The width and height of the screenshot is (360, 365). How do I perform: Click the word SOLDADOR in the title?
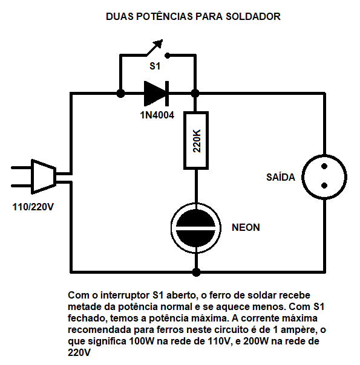click(254, 16)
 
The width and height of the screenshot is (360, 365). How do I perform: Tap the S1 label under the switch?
click(155, 66)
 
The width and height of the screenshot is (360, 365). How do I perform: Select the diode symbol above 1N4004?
click(156, 94)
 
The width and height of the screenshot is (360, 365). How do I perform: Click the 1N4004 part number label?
click(157, 115)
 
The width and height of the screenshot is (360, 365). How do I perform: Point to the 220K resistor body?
click(196, 140)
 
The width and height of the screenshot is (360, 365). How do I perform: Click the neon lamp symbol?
click(196, 228)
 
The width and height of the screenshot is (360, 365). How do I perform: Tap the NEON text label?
click(246, 227)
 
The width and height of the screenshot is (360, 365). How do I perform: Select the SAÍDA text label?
click(281, 177)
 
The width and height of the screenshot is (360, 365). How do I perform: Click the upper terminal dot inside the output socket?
click(324, 166)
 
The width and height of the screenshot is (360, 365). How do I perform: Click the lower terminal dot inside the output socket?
click(324, 186)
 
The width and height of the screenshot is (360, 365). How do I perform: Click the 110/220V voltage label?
click(33, 207)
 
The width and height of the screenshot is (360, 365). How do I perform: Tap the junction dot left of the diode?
click(120, 94)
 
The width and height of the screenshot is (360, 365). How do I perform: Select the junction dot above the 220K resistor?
click(195, 94)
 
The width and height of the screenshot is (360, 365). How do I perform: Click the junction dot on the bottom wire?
click(196, 272)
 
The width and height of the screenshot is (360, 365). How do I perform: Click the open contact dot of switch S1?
click(168, 56)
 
